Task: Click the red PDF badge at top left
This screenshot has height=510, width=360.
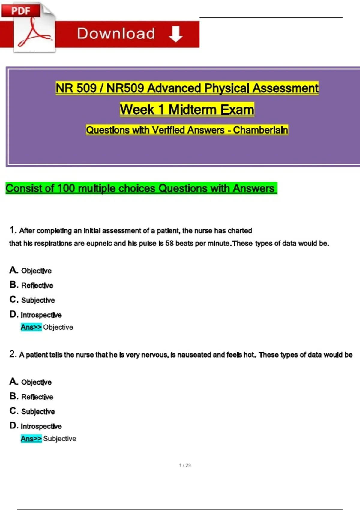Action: coord(20,11)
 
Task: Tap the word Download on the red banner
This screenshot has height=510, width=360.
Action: coord(116,34)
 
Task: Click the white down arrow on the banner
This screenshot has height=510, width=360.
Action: coord(176,34)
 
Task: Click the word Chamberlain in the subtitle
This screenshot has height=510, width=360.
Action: coord(260,130)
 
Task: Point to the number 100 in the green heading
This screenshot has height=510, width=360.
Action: coord(66,188)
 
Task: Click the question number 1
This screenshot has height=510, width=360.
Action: coord(12,230)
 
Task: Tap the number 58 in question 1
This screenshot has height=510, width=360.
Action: coord(169,243)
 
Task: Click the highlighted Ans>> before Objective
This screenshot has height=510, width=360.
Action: coord(31,327)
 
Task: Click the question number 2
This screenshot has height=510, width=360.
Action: coord(12,354)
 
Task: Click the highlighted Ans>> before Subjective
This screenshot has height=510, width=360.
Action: coord(31,439)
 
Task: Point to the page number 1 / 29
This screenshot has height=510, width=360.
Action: coord(185,465)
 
